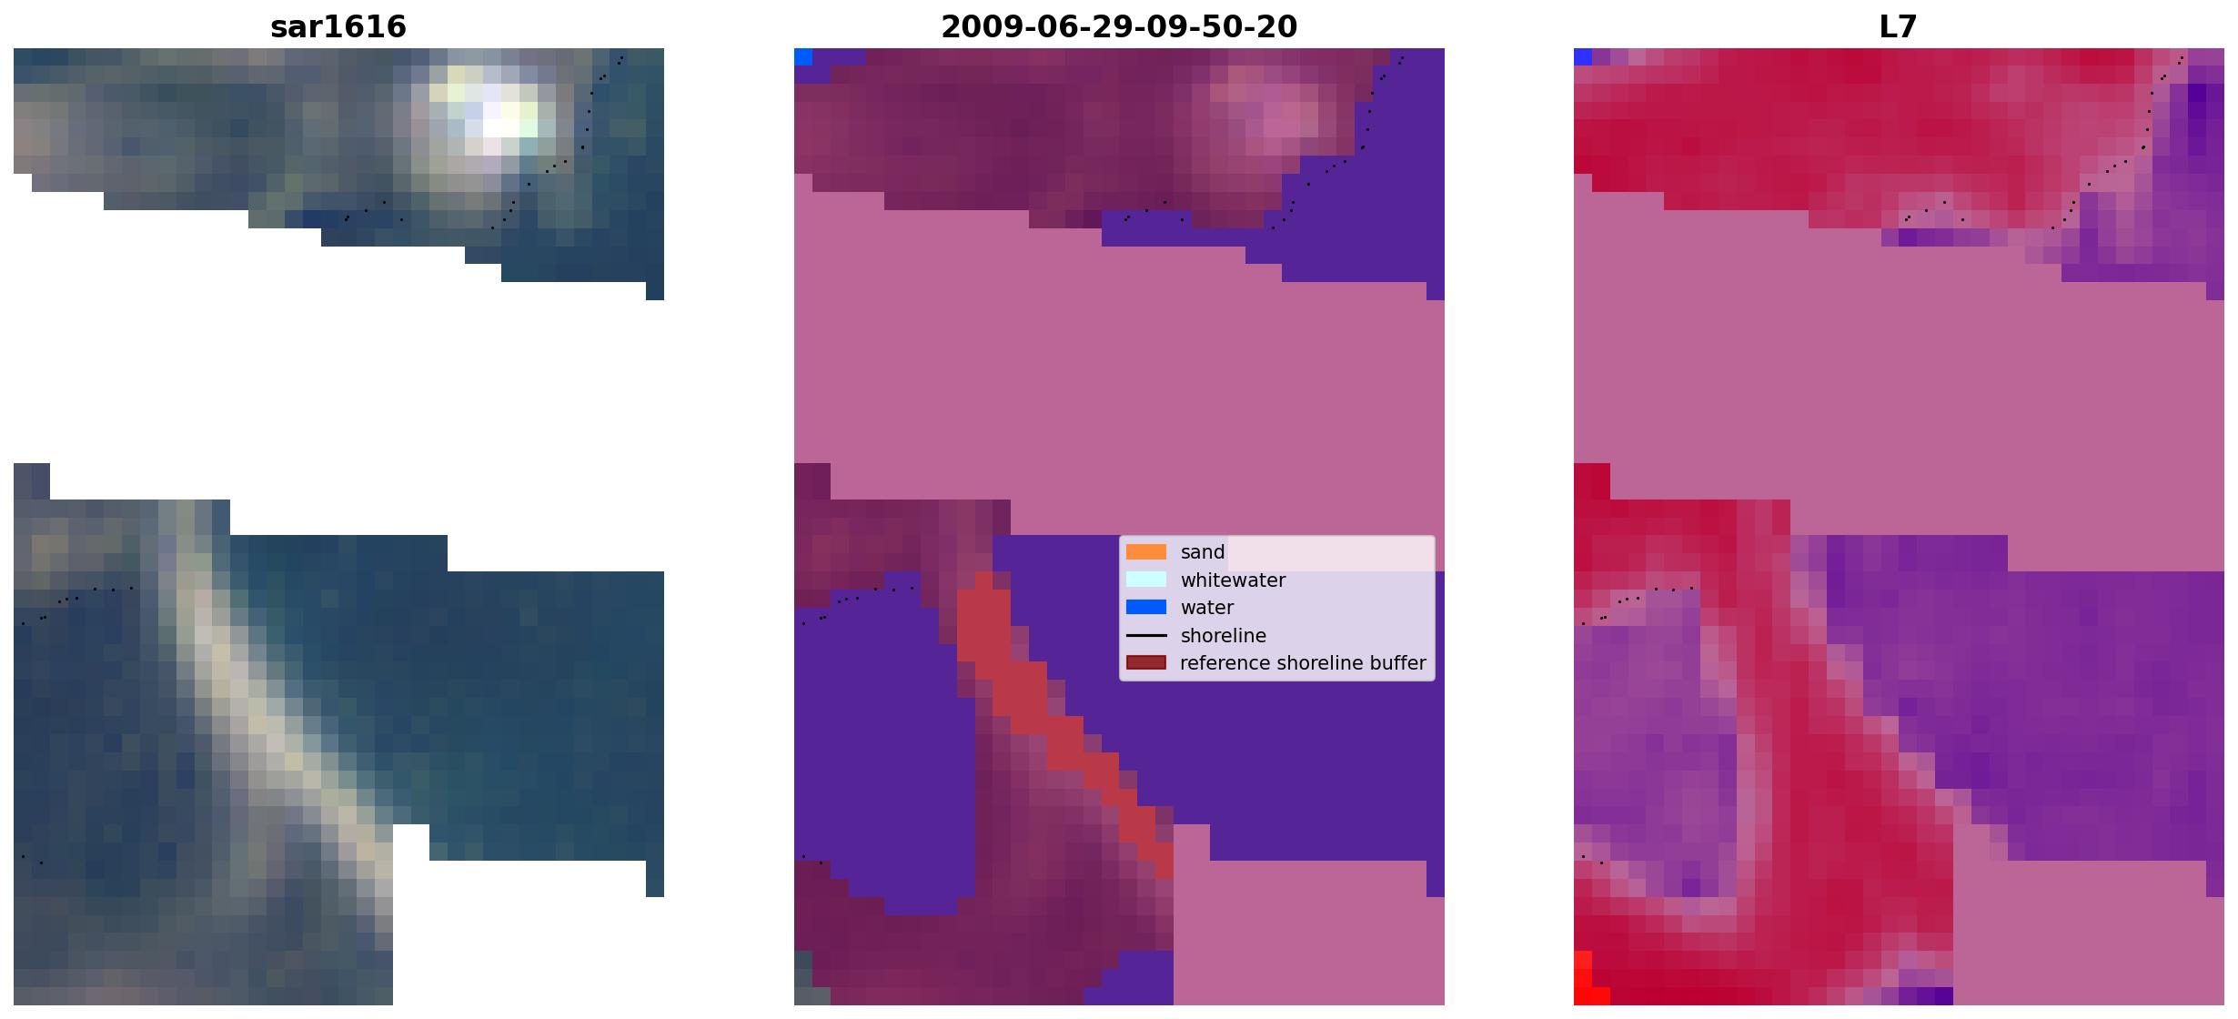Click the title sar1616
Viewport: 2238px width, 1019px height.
[338, 26]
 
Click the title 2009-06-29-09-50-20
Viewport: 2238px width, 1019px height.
[1119, 26]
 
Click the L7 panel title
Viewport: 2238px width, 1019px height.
[1899, 26]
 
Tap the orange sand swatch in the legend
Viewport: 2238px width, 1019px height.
[1146, 552]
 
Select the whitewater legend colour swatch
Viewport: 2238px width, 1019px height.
[1146, 580]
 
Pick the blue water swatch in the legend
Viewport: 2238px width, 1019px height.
[1146, 607]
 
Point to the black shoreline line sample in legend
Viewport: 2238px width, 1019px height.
[1146, 635]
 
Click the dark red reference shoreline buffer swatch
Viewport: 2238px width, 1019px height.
[1146, 662]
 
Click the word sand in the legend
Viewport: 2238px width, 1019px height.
[1203, 552]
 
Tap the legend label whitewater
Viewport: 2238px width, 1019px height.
[1233, 580]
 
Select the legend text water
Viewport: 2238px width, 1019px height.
[1207, 608]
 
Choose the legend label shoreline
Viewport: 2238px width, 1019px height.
[1223, 636]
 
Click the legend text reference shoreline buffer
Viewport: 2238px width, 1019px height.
[1303, 663]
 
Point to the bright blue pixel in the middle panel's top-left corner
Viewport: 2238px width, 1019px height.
[803, 57]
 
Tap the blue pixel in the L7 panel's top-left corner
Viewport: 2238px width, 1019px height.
[1583, 57]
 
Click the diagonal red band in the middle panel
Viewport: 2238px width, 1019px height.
[1064, 723]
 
